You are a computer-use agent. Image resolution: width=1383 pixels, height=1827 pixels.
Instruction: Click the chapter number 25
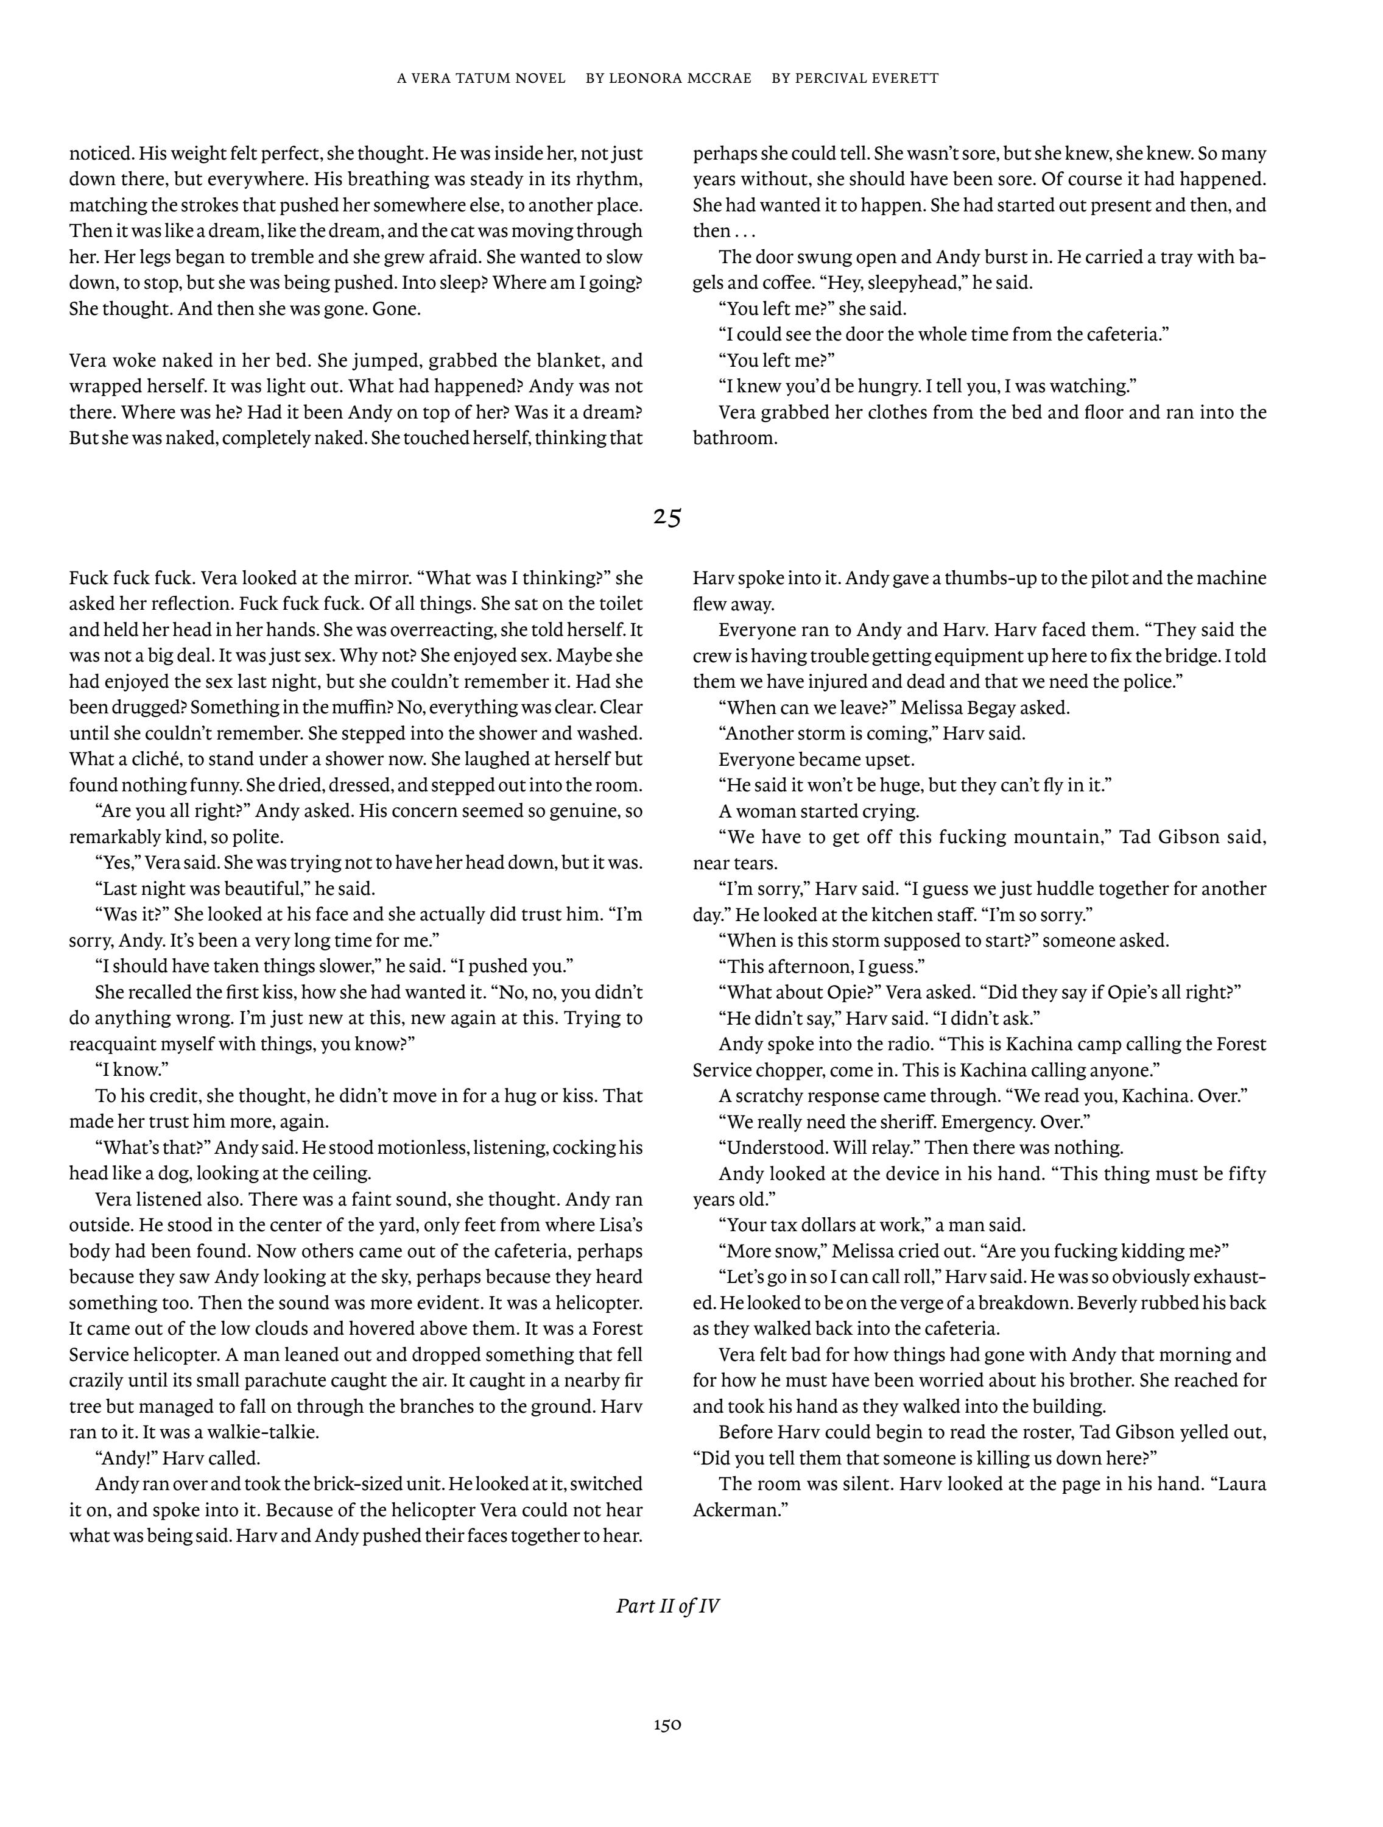pos(667,517)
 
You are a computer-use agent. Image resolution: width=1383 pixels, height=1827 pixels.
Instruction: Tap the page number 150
pos(667,1725)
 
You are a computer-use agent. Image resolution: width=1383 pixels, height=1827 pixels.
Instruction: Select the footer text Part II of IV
pos(667,1606)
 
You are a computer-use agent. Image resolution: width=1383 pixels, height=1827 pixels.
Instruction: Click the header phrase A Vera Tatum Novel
pos(481,79)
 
